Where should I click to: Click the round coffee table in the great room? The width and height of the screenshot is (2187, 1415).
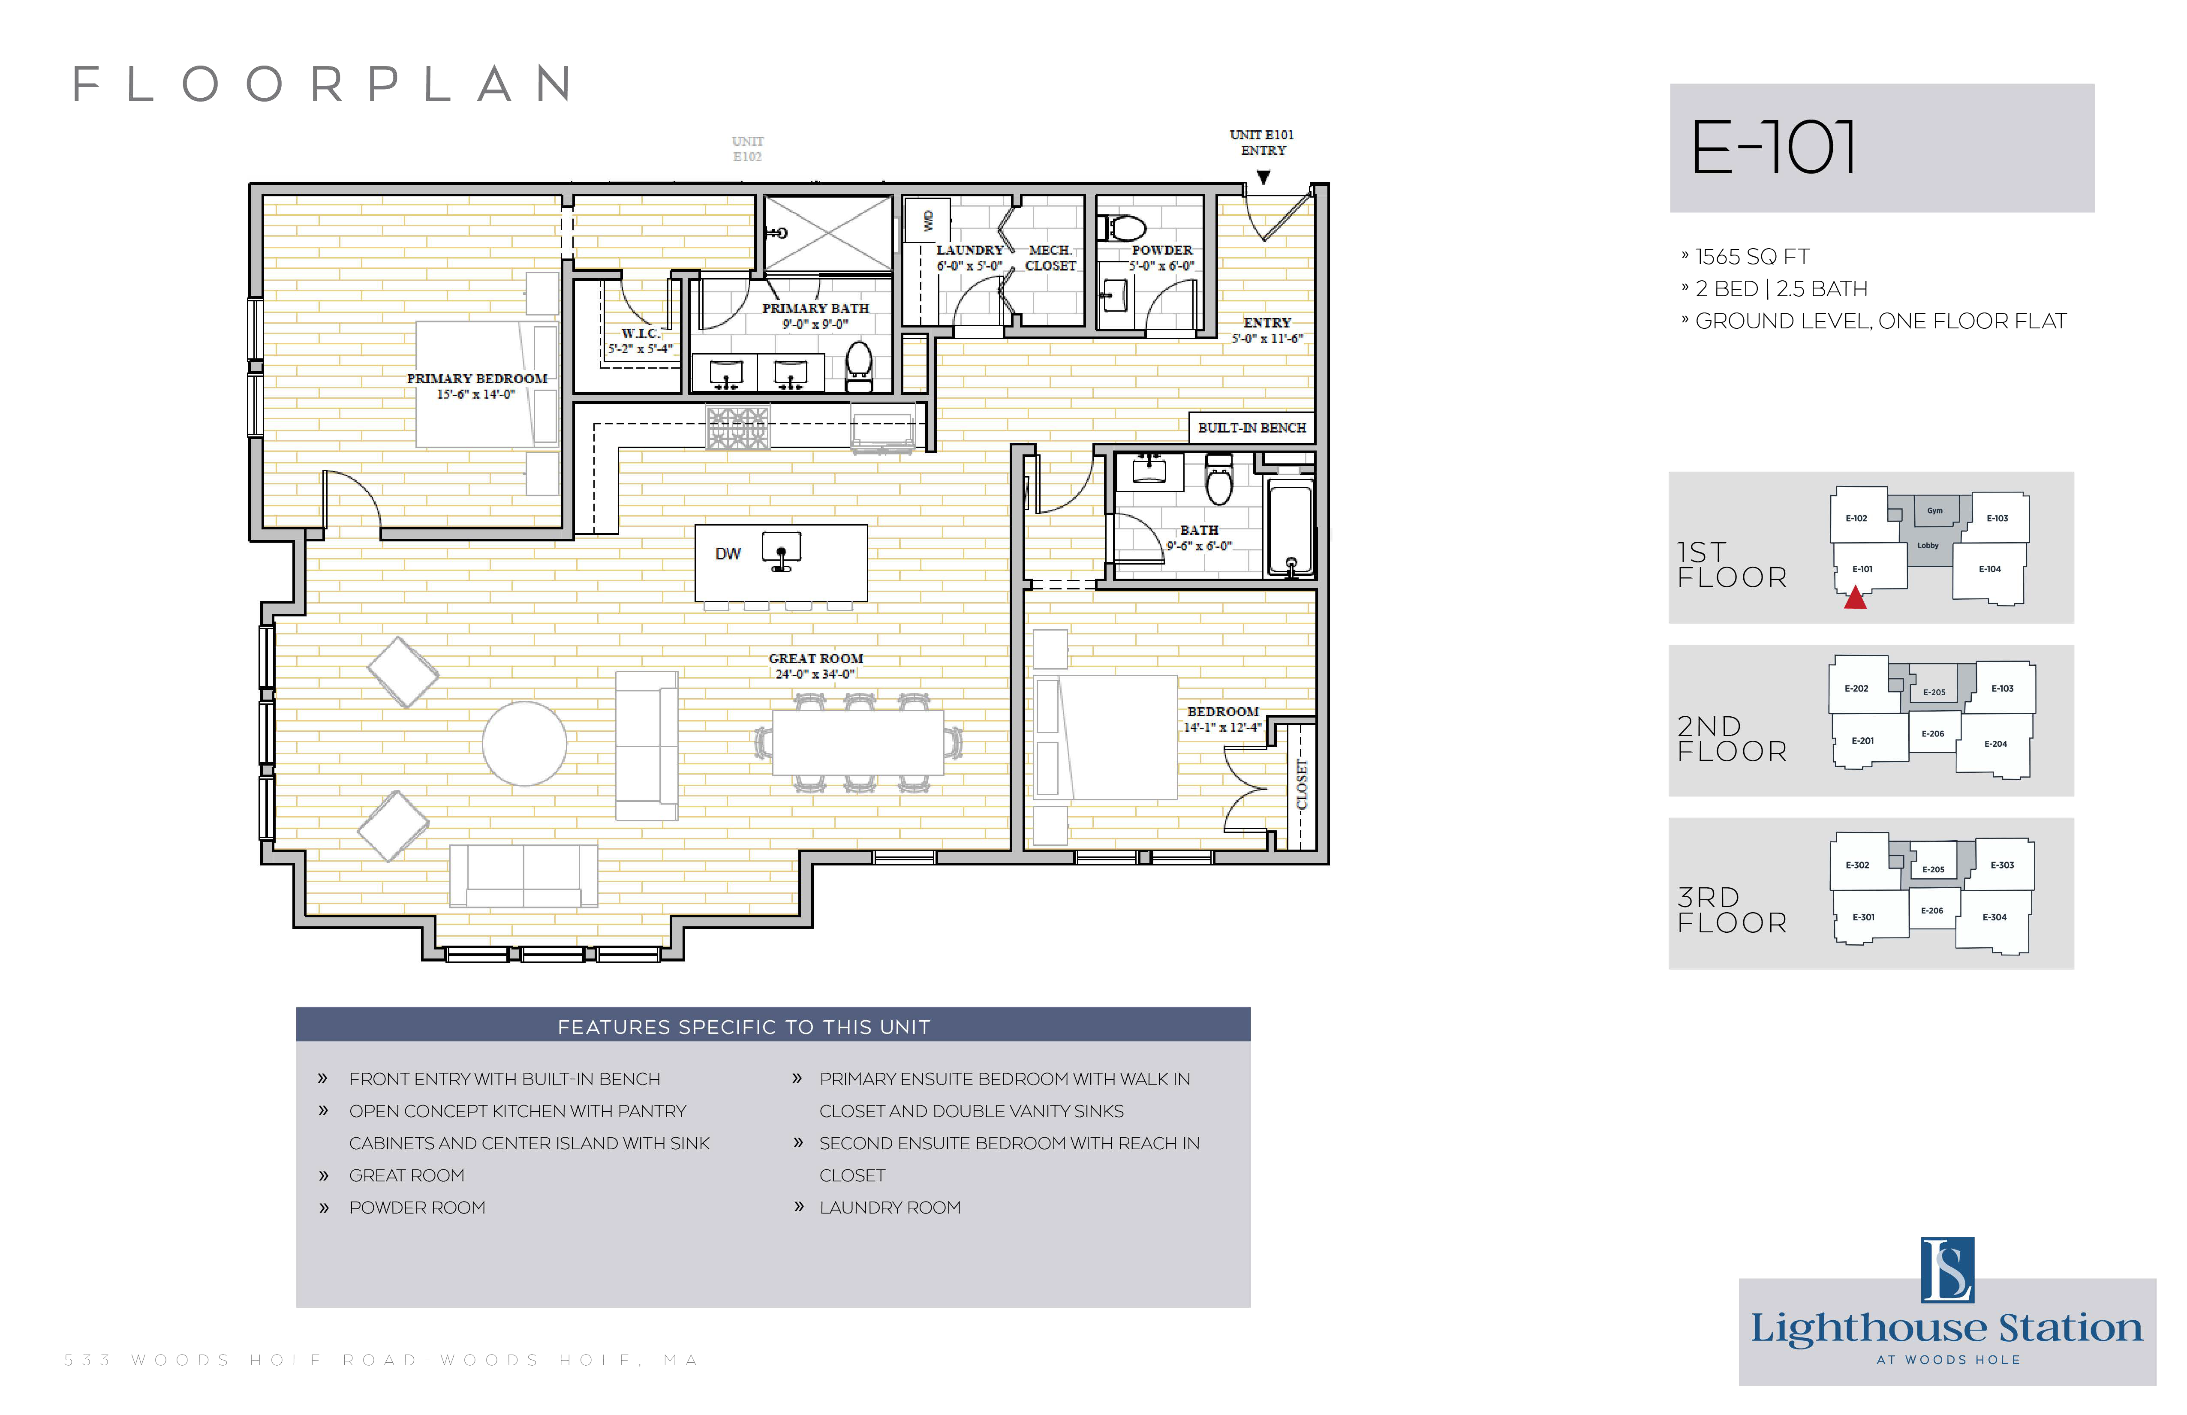525,743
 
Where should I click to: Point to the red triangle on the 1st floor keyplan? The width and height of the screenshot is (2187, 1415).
1855,598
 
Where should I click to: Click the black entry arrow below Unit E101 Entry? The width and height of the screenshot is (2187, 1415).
1263,177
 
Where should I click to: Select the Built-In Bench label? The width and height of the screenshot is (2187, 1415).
1251,428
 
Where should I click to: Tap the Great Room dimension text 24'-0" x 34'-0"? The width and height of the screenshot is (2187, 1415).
815,674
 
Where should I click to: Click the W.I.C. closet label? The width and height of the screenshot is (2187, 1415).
640,333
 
